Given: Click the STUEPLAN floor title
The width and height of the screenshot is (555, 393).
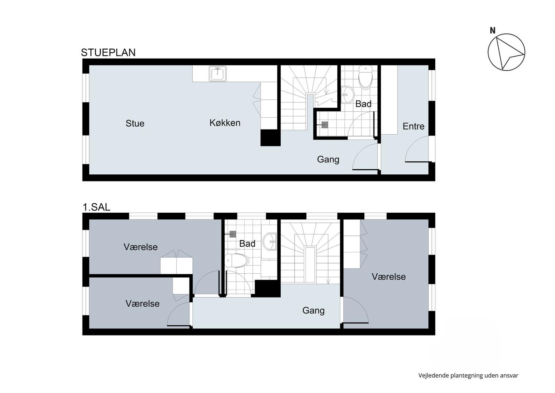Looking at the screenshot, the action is click(x=108, y=53).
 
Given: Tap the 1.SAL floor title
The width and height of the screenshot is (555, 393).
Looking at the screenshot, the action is click(x=96, y=207).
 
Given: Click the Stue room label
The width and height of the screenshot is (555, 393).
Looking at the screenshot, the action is click(x=135, y=123).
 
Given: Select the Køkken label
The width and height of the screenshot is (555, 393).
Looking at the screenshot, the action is click(x=225, y=123).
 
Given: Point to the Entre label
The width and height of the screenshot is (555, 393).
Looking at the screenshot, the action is click(x=413, y=126).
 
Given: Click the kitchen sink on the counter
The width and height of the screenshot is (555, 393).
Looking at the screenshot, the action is click(x=218, y=74).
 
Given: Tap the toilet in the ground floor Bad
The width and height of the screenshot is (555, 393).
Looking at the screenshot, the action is click(x=366, y=77).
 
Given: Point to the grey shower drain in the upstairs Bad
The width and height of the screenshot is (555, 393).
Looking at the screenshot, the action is click(x=232, y=234).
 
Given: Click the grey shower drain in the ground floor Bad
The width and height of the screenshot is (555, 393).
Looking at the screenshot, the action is click(x=325, y=125).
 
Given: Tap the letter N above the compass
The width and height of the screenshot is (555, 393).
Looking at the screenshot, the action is click(x=492, y=31).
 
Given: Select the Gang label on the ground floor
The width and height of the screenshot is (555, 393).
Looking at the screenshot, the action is click(x=328, y=159).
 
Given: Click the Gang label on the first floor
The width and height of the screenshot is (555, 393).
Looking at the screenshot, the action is click(x=314, y=310).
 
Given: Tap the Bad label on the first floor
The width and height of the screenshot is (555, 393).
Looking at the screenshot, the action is click(x=247, y=244).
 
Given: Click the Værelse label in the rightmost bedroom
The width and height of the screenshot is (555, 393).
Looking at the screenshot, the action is click(x=389, y=277).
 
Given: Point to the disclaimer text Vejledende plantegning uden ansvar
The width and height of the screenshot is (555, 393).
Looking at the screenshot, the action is click(x=468, y=376).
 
